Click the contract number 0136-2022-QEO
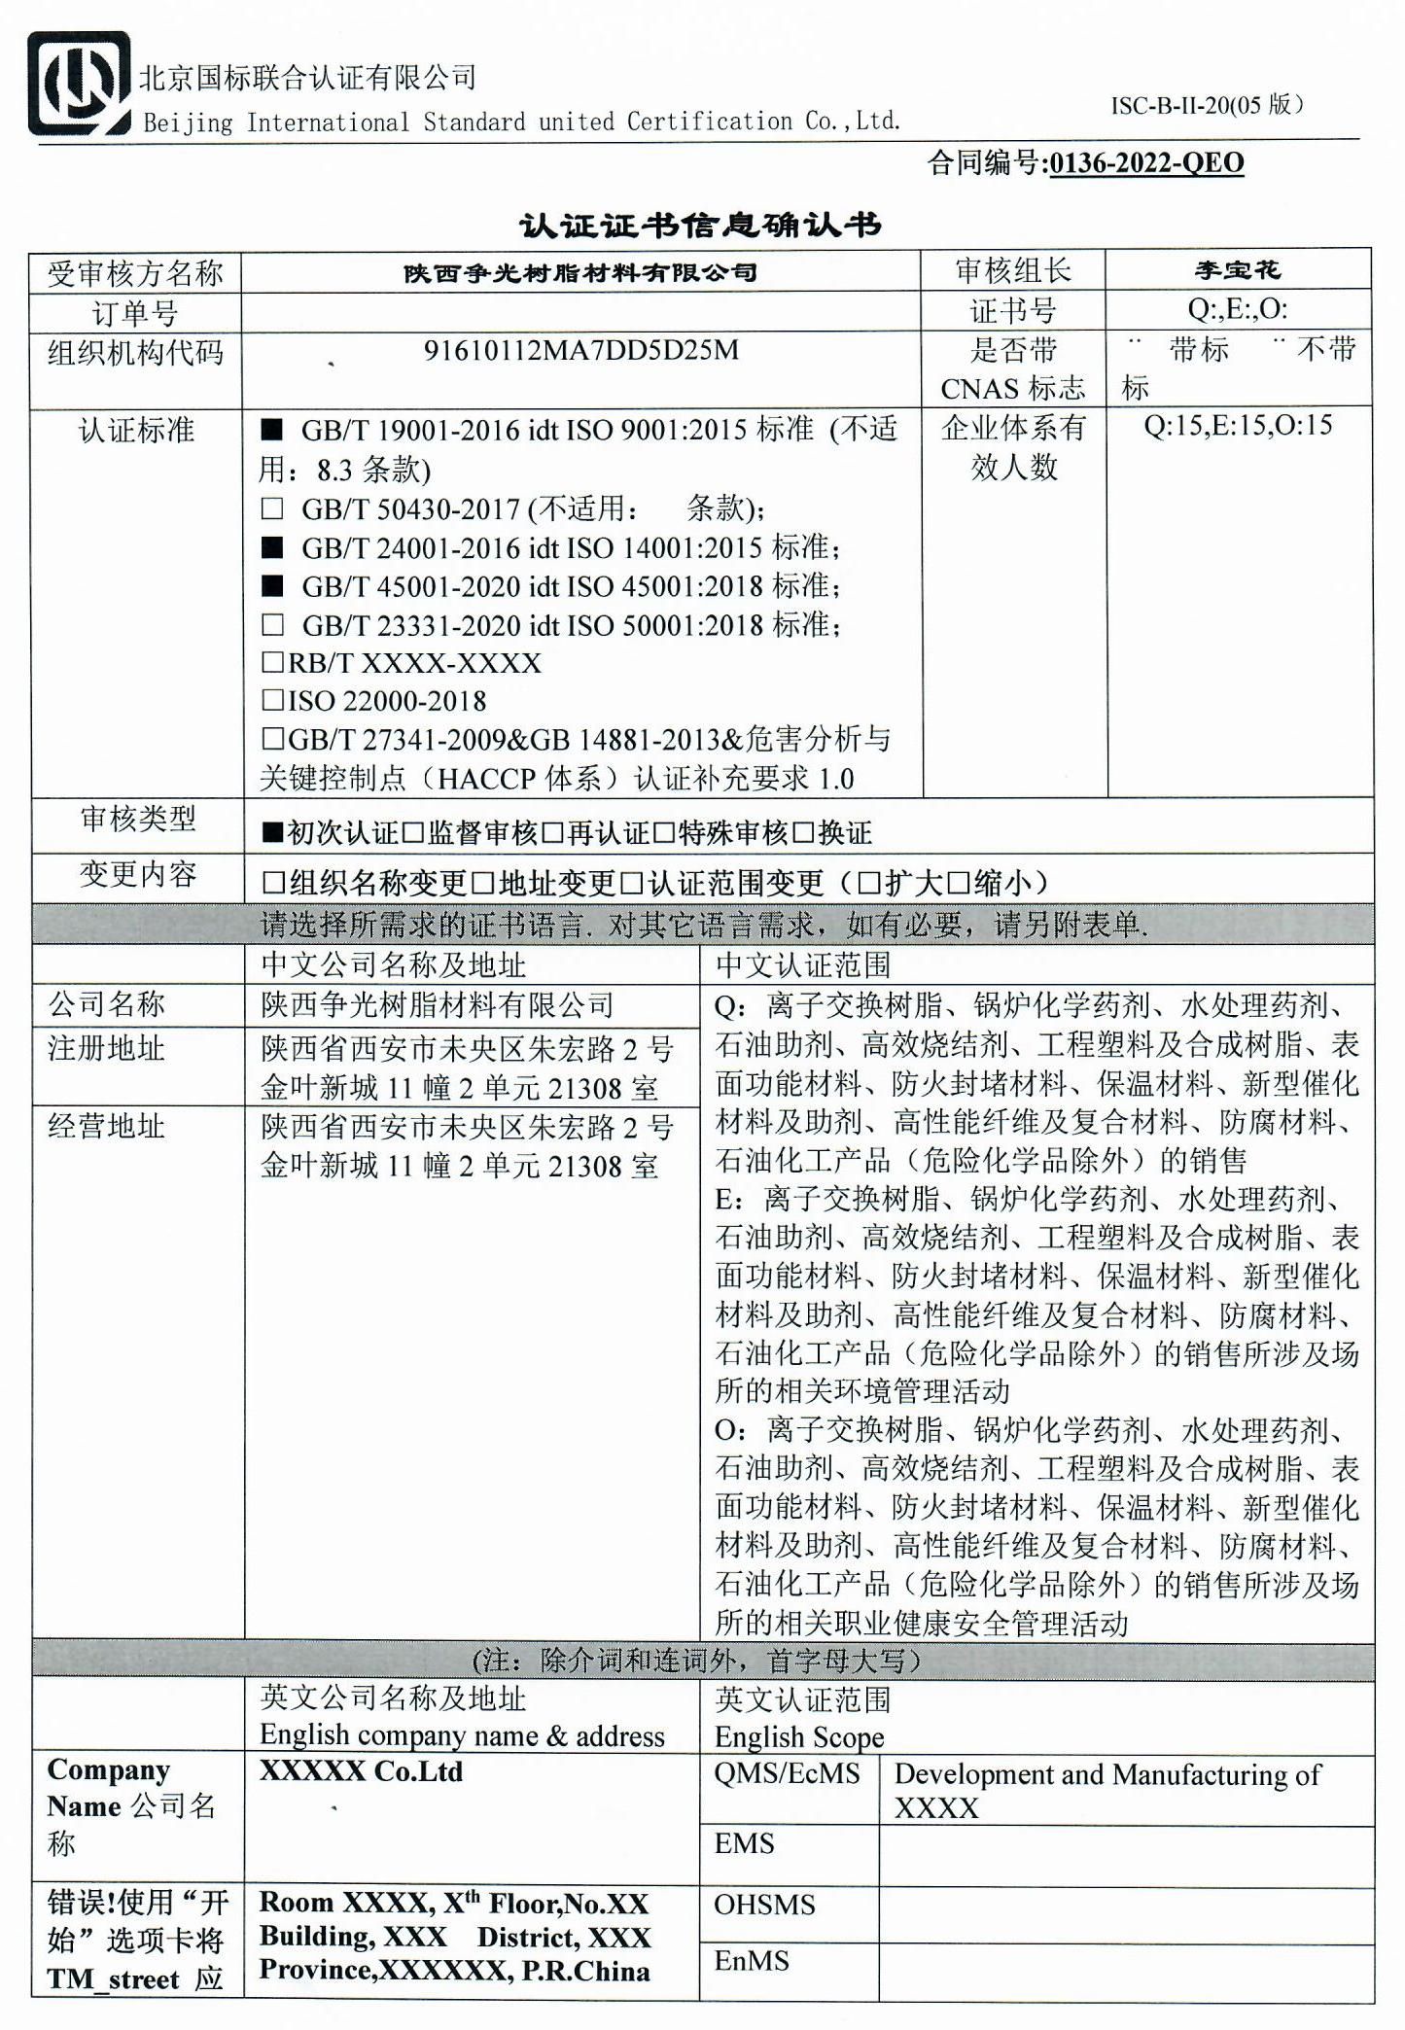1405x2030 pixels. pos(1146,163)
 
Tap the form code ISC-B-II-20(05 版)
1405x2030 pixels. pos(1207,106)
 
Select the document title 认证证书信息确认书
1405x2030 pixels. pos(700,226)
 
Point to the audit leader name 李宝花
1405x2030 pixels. pos(1238,270)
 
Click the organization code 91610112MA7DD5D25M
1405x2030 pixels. pos(580,351)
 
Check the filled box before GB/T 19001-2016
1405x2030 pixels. pos(272,430)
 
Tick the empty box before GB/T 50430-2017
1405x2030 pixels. pos(272,508)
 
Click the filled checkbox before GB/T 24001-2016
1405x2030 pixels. pos(272,547)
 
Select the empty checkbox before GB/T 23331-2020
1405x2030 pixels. pos(273,625)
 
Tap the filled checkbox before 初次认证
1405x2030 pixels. pos(273,833)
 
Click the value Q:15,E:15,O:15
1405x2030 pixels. pos(1237,426)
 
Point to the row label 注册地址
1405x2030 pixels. pos(106,1049)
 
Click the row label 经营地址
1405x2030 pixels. pos(106,1127)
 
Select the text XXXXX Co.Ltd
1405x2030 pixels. pos(361,1771)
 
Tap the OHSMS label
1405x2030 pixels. pos(764,1905)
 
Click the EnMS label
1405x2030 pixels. pos(752,1961)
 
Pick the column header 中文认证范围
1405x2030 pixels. pos(803,965)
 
